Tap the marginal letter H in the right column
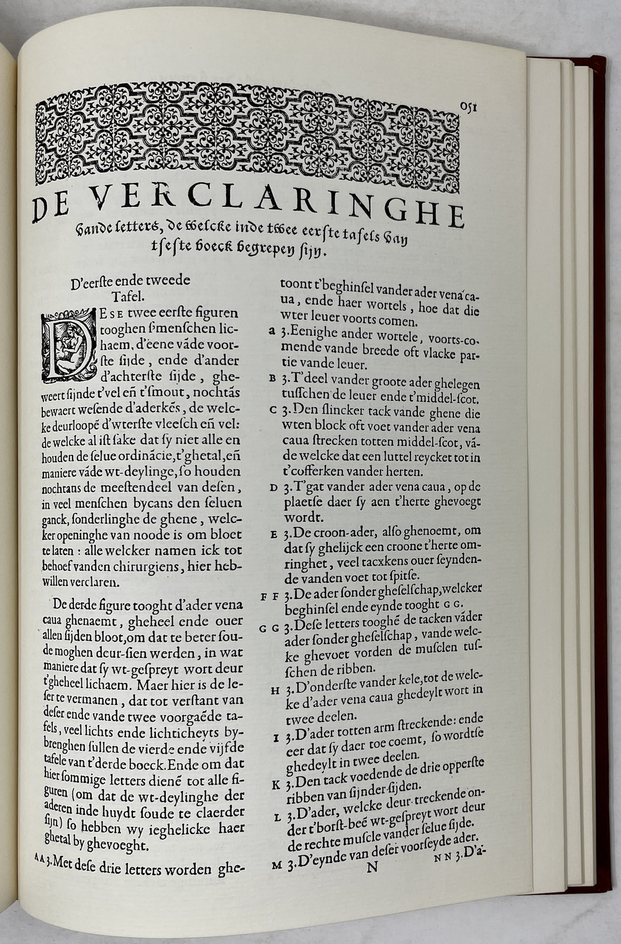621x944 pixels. (276, 690)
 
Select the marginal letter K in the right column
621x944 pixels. (276, 784)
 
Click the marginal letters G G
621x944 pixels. (270, 628)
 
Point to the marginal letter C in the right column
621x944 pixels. (274, 410)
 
